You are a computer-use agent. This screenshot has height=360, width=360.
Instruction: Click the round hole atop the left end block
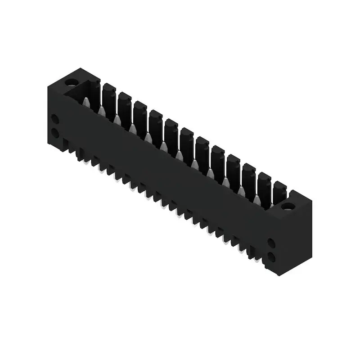(x=71, y=82)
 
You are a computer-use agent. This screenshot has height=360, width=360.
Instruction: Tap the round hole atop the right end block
(x=288, y=207)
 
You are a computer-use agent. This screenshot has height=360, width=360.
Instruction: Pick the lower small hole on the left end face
(x=54, y=133)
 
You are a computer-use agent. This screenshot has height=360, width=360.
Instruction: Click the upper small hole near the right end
(x=271, y=243)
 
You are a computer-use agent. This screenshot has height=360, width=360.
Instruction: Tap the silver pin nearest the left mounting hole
(x=86, y=103)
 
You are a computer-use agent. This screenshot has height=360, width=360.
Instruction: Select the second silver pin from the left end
(x=102, y=111)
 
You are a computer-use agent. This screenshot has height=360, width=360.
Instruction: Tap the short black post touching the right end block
(x=279, y=192)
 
